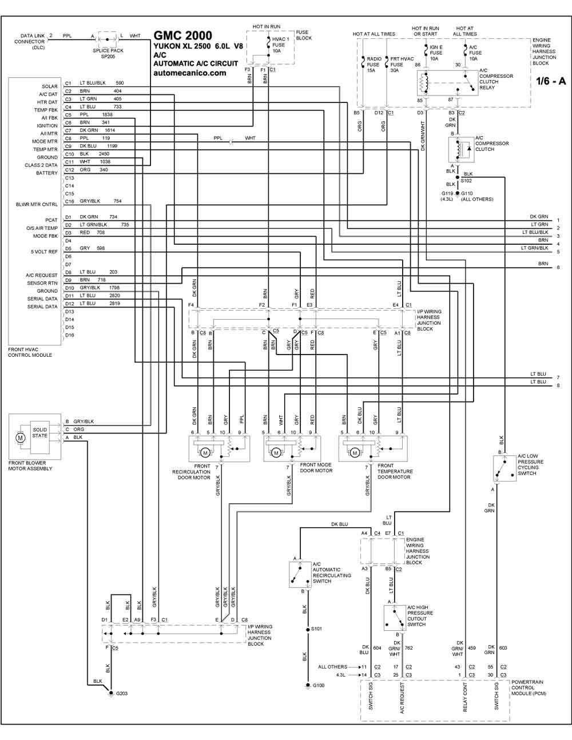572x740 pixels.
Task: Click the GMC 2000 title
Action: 183,35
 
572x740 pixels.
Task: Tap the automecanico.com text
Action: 190,73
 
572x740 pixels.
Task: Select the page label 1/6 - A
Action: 551,81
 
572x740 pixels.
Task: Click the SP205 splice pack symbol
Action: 108,39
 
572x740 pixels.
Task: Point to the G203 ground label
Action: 121,693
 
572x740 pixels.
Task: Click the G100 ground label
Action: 319,685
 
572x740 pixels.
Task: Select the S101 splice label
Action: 316,628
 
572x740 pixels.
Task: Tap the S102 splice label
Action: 466,181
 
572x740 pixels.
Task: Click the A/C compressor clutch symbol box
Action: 462,149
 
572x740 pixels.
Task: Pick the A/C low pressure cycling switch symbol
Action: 505,468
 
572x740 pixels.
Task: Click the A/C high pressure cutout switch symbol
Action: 395,618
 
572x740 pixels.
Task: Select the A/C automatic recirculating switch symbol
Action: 300,575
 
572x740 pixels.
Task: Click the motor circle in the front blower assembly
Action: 21,437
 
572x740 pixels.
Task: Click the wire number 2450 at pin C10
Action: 104,154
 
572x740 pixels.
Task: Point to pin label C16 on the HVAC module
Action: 69,202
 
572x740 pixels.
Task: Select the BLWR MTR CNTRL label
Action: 37,204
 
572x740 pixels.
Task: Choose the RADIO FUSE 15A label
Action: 374,65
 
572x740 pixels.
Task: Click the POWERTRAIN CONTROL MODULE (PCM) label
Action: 529,687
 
